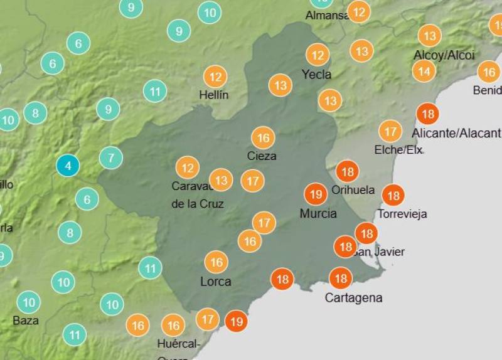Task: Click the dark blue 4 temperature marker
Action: tap(68, 166)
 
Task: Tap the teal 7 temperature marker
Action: tap(111, 157)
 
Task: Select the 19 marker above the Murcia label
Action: tap(316, 194)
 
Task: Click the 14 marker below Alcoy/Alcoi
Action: tap(424, 71)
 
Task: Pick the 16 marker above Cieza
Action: tap(263, 138)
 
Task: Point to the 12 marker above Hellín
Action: tap(215, 77)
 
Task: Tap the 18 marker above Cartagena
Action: tap(341, 278)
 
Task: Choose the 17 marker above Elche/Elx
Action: tap(390, 132)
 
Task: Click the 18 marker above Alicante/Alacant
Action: tap(428, 114)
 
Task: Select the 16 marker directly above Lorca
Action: tap(216, 262)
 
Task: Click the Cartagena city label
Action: tap(353, 298)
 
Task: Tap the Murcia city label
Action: tap(318, 213)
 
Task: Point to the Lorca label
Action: tap(216, 282)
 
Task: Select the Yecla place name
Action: tap(317, 75)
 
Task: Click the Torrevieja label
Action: tap(402, 214)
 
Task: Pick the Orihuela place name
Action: tap(353, 190)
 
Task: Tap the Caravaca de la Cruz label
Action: tap(198, 195)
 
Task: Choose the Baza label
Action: tap(26, 320)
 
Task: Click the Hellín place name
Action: tap(214, 95)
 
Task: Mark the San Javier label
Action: tap(378, 251)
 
